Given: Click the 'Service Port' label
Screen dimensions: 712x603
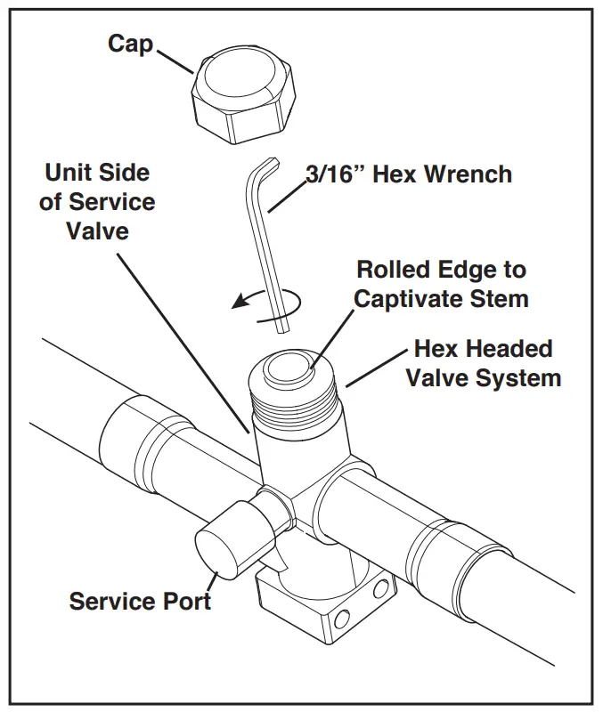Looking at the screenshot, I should coord(140,601).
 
